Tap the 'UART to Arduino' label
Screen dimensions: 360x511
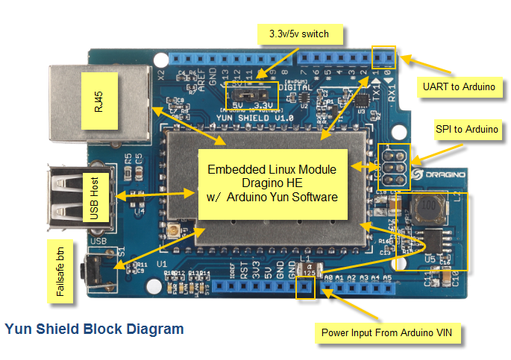[458, 87]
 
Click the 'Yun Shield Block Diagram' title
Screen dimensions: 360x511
[94, 328]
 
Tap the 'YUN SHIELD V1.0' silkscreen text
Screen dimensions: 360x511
[244, 118]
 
